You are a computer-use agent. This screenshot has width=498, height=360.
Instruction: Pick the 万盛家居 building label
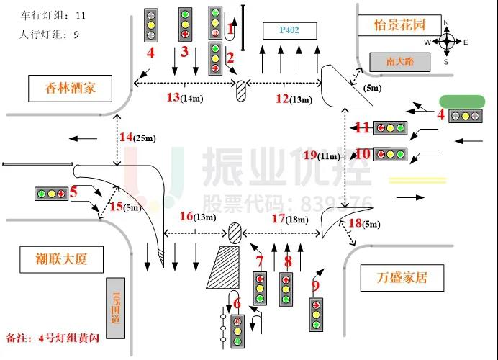click(401, 276)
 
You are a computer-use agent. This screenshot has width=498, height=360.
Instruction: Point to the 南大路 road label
click(400, 62)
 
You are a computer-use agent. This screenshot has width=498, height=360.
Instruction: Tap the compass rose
click(447, 42)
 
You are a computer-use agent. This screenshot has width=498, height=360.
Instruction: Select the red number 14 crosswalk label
click(126, 137)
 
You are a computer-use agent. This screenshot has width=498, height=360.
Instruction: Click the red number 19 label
click(310, 155)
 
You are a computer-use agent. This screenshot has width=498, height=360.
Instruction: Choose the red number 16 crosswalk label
click(186, 216)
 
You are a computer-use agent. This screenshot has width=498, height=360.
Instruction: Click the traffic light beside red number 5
click(50, 194)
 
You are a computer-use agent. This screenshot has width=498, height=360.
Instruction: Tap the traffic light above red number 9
click(316, 315)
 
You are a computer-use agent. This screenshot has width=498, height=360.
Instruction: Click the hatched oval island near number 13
click(242, 92)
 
